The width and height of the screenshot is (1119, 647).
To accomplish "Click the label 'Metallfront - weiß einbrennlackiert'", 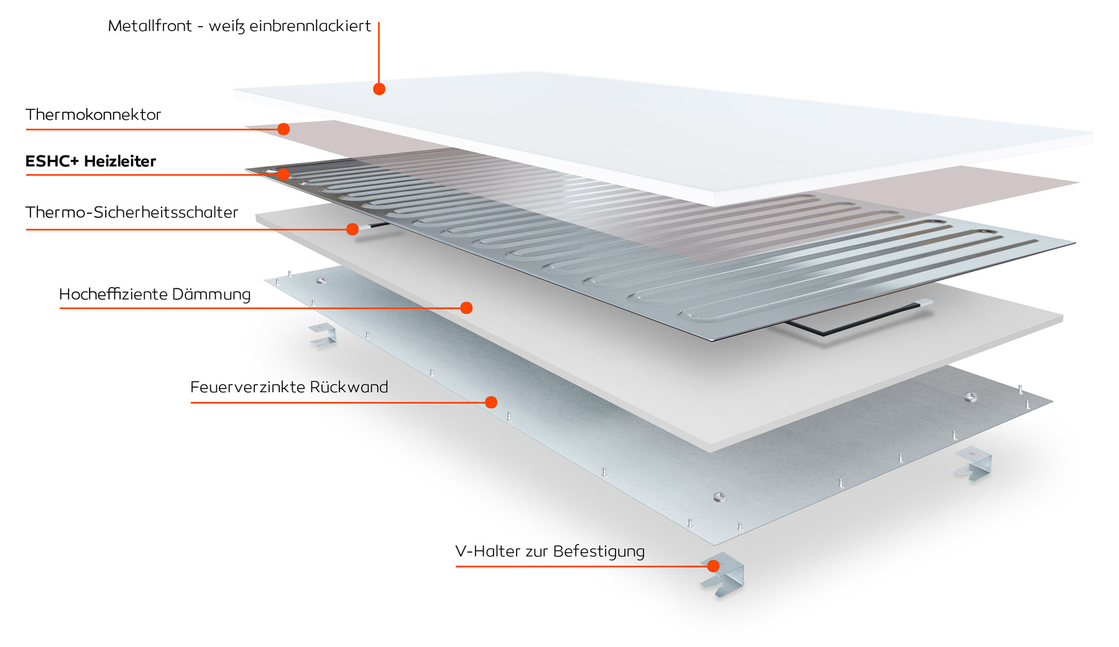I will coord(239,26).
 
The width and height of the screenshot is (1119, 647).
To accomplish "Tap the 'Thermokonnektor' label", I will coord(93,115).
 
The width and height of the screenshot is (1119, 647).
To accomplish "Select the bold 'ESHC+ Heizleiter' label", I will coord(90,162).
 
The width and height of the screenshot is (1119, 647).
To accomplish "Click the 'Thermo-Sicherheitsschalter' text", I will coord(131,213).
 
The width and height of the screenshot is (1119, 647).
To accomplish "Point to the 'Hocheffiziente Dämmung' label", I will coord(154,294).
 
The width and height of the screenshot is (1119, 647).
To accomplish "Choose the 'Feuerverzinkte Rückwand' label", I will coord(288,387).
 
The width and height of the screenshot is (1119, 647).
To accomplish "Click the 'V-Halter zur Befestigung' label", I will coord(550,551).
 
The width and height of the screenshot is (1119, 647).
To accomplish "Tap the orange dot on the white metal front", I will coord(379,89).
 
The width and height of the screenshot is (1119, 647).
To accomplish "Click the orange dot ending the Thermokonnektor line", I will coord(283,129).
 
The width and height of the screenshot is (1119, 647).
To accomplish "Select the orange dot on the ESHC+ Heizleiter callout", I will coord(283,174).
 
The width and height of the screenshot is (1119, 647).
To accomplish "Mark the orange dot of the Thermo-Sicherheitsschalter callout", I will coord(352,229).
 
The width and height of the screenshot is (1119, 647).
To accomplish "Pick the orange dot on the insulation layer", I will coord(466,308).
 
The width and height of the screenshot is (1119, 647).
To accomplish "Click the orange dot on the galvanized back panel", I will coord(491,402).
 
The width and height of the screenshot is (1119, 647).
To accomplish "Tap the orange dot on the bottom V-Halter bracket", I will coord(713,566).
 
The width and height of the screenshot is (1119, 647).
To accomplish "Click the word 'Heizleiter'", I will coord(119,162).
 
